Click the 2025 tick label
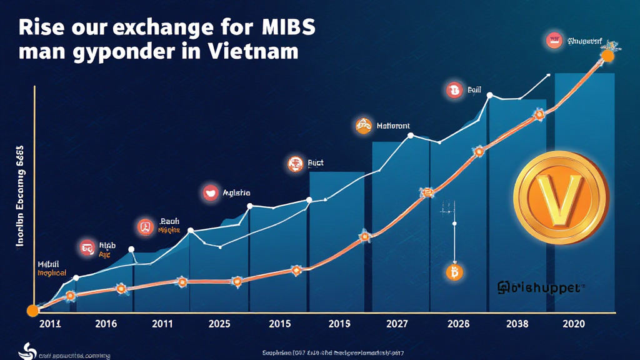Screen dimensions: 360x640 pyautogui.click(x=219, y=324)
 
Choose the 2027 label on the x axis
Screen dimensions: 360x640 pyautogui.click(x=397, y=324)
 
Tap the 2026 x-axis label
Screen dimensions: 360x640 pyautogui.click(x=459, y=324)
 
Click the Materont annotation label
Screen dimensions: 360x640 pyautogui.click(x=394, y=126)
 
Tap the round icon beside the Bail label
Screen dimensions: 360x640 pyautogui.click(x=453, y=91)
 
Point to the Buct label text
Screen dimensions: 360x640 pyautogui.click(x=316, y=164)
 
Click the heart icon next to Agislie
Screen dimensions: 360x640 pyautogui.click(x=211, y=193)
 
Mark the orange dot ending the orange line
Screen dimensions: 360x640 pyautogui.click(x=607, y=56)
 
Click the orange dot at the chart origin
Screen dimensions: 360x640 pyautogui.click(x=32, y=311)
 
